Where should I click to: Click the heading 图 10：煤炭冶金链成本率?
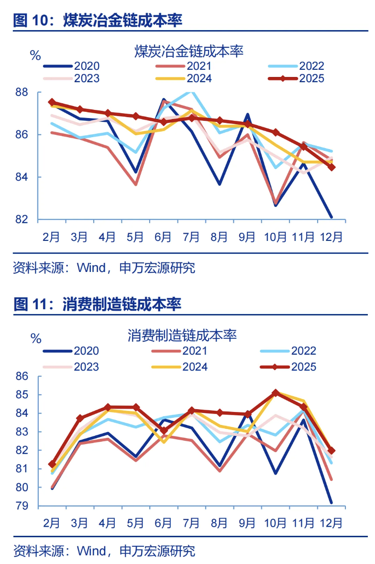(98, 21)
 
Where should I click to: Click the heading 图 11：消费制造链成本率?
(98, 304)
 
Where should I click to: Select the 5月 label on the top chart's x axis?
(135, 237)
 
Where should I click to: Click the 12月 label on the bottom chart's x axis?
(331, 522)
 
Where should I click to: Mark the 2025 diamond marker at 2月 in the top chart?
(52, 102)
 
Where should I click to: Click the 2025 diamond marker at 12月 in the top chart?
(331, 167)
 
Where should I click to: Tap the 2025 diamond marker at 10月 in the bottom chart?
(276, 393)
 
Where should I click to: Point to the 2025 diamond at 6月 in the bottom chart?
(164, 431)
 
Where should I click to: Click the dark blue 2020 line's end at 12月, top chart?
(331, 217)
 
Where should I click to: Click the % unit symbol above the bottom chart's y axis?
(36, 339)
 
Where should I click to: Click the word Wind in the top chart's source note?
(91, 268)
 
